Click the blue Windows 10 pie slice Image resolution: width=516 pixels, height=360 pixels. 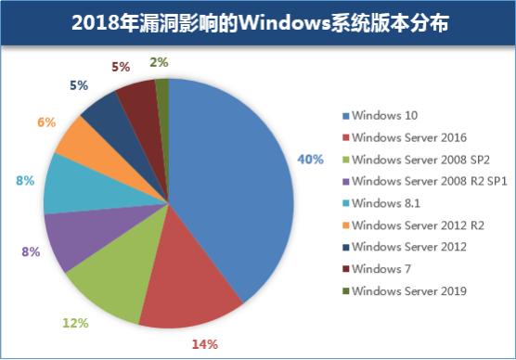pyautogui.click(x=232, y=186)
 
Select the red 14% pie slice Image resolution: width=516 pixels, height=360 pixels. pyautogui.click(x=195, y=283)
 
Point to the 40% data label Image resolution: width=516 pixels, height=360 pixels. pyautogui.click(x=309, y=159)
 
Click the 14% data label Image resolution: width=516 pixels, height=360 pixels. pyautogui.click(x=204, y=344)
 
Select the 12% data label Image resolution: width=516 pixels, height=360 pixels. pyautogui.click(x=75, y=323)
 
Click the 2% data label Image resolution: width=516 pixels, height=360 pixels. pyautogui.click(x=159, y=63)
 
